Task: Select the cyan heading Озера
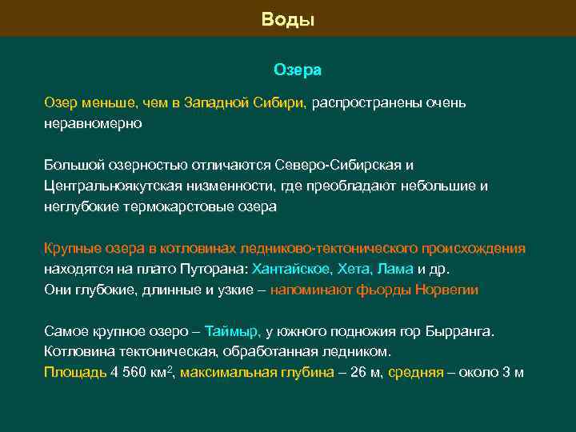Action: point(298,70)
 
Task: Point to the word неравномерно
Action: point(93,124)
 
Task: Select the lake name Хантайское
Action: point(290,270)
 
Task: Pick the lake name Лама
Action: point(394,270)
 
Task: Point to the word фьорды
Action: point(384,290)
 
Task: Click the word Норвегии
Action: point(447,290)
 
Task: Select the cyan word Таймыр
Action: point(233,331)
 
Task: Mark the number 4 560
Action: point(130,373)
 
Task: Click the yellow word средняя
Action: point(416,373)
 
